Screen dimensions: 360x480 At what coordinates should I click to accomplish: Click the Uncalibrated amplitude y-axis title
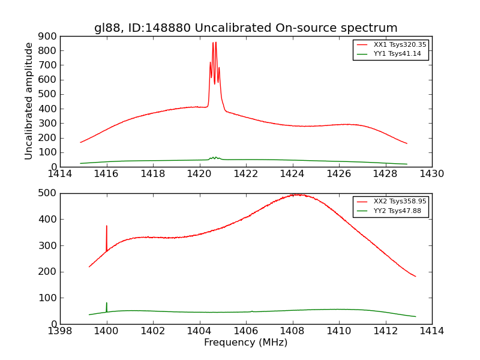[29, 101]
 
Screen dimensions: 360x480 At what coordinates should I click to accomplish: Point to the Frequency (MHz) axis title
[245, 343]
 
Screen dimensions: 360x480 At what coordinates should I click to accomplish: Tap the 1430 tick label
[431, 174]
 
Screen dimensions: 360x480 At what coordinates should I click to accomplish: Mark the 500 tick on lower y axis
[48, 193]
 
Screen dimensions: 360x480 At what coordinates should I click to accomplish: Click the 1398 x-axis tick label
[60, 331]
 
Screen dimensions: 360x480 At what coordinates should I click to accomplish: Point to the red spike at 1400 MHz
[107, 226]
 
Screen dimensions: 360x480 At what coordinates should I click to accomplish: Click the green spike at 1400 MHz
[107, 303]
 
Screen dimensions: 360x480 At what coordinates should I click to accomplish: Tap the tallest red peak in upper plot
[215, 42]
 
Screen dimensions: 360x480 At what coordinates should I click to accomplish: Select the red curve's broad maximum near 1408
[295, 194]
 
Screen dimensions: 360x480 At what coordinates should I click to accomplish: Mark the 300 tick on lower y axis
[48, 245]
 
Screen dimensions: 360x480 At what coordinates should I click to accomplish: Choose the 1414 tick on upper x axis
[60, 174]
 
